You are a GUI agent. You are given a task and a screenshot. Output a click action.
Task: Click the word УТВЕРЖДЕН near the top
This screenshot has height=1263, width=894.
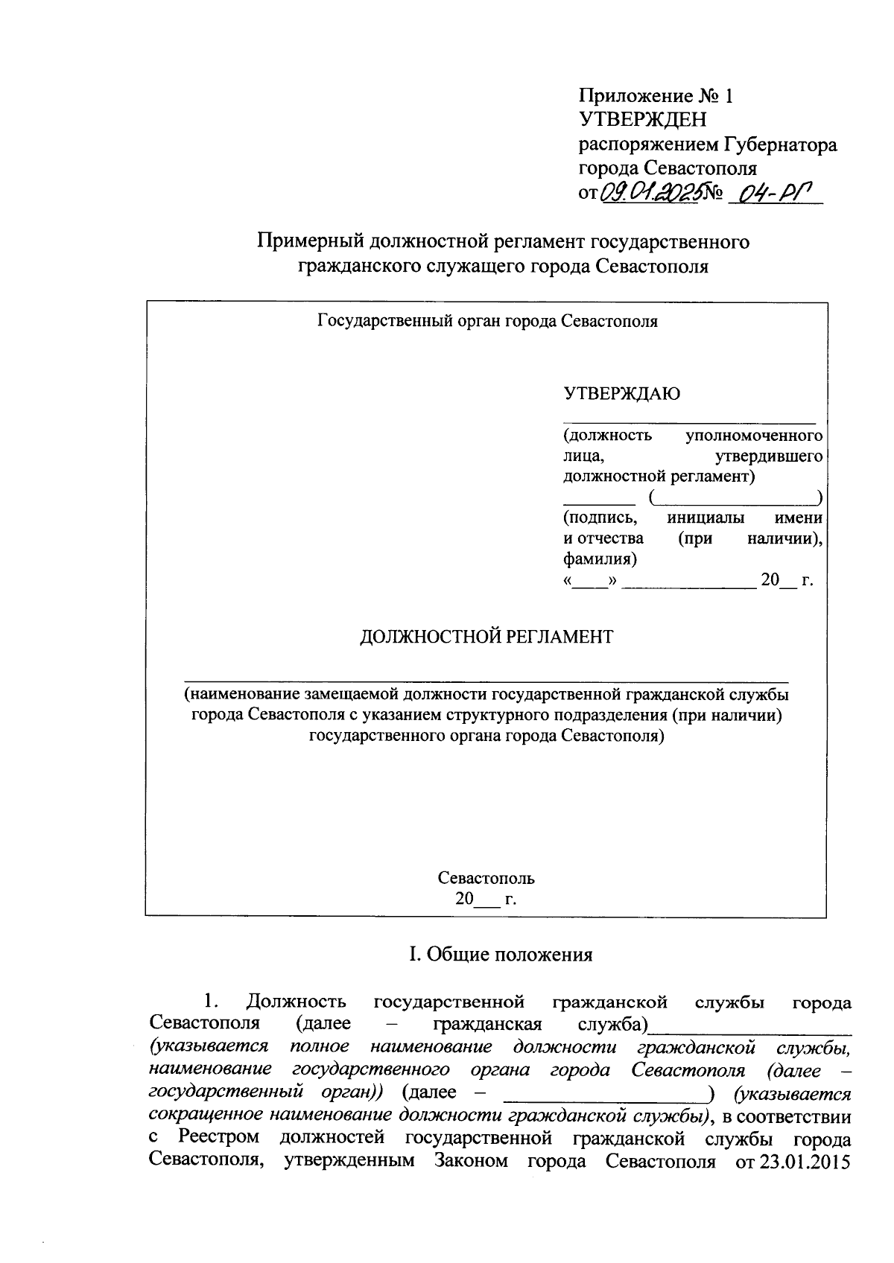(x=643, y=120)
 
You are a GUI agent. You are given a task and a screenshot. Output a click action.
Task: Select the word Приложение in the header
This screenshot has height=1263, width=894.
(x=636, y=96)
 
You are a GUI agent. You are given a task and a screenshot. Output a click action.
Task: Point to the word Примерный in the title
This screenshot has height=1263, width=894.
(x=308, y=241)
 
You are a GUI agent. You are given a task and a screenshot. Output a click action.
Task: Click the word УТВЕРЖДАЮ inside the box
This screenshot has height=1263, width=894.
(x=621, y=394)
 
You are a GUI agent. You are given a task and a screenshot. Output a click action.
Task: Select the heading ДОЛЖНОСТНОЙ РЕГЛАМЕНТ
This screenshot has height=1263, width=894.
(x=486, y=637)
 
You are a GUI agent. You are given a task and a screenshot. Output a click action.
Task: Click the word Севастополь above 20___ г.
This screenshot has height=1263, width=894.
(x=486, y=878)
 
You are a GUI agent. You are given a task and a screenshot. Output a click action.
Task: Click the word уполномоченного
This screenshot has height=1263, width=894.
(x=753, y=435)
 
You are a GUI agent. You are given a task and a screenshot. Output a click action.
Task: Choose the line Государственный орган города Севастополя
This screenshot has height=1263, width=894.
(x=487, y=322)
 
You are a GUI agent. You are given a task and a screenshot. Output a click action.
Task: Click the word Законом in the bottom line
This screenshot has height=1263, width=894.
(x=472, y=1162)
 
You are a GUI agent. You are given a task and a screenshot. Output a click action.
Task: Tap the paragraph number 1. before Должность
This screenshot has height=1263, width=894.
(x=210, y=1002)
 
